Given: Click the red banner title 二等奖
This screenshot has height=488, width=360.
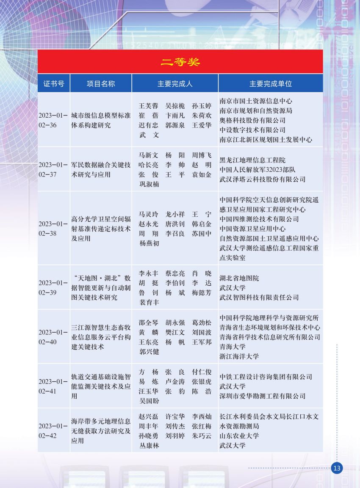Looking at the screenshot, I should tap(180, 62).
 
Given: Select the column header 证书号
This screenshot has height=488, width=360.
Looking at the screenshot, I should tap(54, 83).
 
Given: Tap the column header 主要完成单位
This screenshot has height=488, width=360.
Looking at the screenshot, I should tap(271, 83).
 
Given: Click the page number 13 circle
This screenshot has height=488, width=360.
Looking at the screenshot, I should tap(337, 468).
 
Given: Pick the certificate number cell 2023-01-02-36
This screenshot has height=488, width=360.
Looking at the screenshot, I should tap(53, 120).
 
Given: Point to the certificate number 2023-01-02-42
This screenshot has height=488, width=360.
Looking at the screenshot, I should tap(53, 431).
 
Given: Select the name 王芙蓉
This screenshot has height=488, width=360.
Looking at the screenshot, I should tap(148, 106).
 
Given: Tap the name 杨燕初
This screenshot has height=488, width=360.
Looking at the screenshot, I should tap(150, 243).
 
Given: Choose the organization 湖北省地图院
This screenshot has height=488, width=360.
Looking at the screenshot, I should tap(239, 278).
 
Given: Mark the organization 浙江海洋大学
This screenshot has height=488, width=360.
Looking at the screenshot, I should tap(239, 356).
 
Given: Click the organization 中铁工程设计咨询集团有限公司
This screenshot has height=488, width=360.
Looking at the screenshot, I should tap(266, 377).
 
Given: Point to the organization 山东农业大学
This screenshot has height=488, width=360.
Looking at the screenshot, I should tap(239, 436).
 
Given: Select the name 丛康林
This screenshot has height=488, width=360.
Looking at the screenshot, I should tap(150, 445).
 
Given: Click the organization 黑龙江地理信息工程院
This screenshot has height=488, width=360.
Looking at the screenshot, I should tap(252, 160).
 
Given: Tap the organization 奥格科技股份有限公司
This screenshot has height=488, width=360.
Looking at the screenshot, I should tap(252, 120).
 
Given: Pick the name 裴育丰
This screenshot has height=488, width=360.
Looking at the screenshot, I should tap(150, 302).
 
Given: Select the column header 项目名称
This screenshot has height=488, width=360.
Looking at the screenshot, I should tap(101, 83).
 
